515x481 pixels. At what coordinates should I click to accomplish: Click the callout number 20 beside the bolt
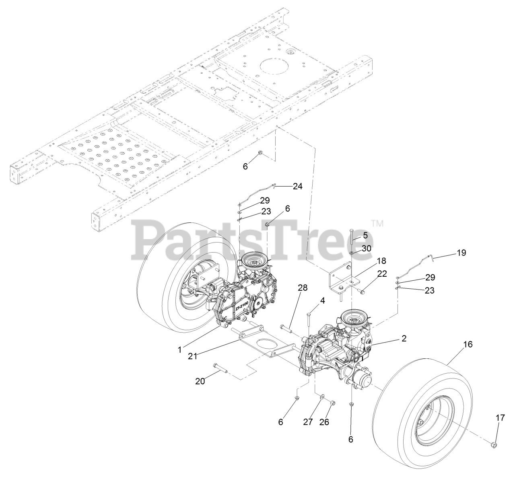click(200, 381)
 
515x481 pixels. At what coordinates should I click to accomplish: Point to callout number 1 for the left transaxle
click(179, 349)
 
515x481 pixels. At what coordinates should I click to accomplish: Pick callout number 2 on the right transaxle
click(404, 338)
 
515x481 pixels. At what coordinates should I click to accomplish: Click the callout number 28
click(303, 288)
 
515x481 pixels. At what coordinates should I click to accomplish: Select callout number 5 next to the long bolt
click(365, 234)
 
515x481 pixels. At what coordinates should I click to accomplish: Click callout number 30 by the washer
click(366, 249)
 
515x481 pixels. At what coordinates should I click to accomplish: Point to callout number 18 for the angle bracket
click(379, 262)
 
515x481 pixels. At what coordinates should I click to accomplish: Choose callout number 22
click(382, 274)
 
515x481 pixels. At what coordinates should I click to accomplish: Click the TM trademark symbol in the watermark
click(377, 222)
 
